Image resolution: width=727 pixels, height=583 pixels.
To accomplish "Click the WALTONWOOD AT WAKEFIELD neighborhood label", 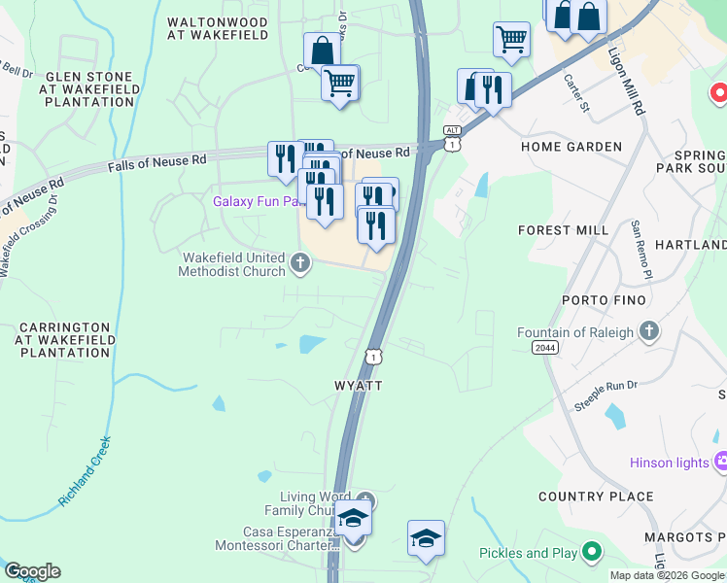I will coord(217,27).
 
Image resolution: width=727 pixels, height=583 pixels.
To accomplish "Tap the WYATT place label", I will coord(359,386).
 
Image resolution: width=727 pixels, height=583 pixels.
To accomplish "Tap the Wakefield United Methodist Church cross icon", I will coord(300,260).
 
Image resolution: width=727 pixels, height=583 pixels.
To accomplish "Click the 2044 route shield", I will coord(545,347).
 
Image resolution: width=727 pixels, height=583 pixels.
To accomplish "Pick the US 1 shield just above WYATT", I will coord(373,356).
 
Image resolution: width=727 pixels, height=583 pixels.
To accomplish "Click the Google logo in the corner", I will coord(32,571).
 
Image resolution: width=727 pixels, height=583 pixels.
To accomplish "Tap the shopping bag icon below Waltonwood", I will coord(321,50).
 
